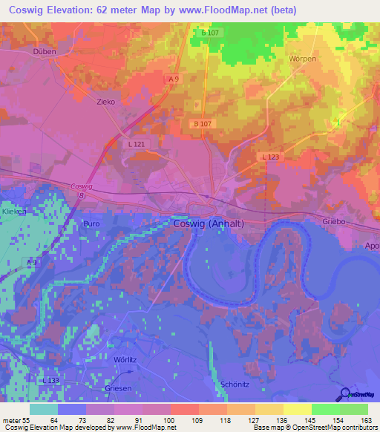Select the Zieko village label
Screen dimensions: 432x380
point(106,103)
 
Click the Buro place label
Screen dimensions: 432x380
point(91,223)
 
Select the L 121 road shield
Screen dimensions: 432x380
point(137,143)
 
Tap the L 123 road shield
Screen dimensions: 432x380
point(270,157)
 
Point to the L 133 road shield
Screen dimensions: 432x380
point(50,381)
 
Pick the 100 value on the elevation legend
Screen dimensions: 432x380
point(170,421)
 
